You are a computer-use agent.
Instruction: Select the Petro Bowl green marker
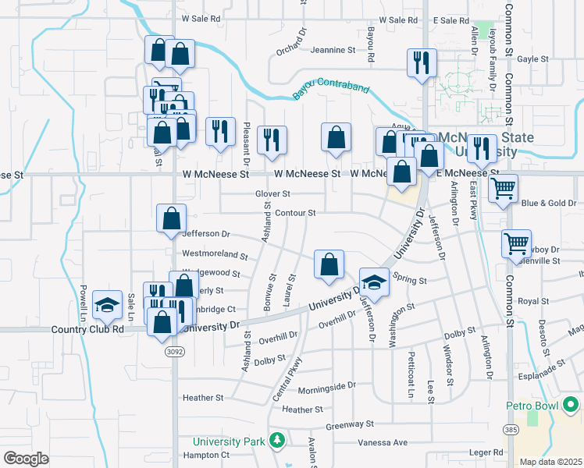(x=572, y=404)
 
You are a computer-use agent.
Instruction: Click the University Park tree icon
(x=276, y=441)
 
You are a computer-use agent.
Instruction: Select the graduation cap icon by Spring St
(x=374, y=282)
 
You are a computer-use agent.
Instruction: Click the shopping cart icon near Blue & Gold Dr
(x=504, y=187)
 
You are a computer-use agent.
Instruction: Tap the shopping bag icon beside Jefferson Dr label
(x=171, y=219)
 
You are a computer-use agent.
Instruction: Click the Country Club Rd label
(x=87, y=329)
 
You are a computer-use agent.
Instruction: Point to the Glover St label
(x=272, y=193)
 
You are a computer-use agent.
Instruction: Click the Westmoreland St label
(x=214, y=254)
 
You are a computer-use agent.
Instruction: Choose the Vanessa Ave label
(x=383, y=442)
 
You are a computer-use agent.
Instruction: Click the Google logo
(x=26, y=458)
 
